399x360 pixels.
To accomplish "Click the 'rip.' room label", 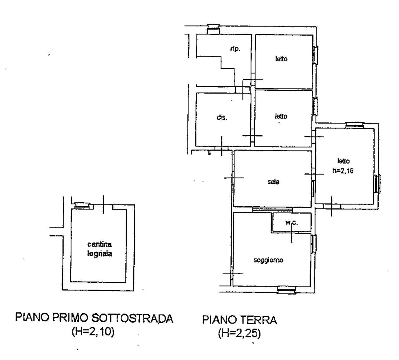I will point(235,49).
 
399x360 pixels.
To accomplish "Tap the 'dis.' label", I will point(222,118).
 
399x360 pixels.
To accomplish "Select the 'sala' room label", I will point(273,182).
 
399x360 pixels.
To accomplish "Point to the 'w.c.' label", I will point(291,223).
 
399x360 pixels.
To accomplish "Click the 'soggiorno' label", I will point(268,260).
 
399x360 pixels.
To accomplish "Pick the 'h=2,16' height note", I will point(343,171).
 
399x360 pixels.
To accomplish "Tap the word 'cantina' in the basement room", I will point(99,245).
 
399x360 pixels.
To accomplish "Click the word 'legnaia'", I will point(99,254).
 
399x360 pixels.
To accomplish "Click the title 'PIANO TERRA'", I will point(239,320).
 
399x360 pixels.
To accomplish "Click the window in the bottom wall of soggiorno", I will point(286,290).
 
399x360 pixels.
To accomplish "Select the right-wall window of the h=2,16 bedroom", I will point(377,184).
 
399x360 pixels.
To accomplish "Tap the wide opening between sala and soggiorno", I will point(272,209).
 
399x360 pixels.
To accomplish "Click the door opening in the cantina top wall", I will point(104,206).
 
